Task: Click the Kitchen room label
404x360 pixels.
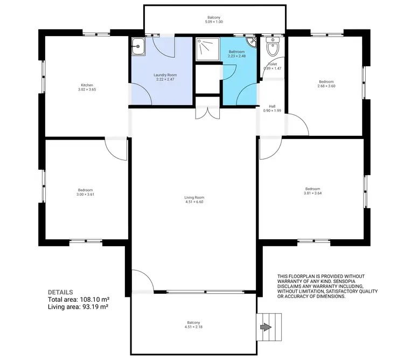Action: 87,85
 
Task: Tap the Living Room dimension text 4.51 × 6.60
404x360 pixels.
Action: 194,203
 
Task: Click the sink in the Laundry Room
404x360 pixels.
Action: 138,47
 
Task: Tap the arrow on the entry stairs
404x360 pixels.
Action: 266,327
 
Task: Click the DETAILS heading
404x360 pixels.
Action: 60,292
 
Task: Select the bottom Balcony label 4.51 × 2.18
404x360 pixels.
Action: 194,327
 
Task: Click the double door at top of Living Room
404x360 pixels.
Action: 207,112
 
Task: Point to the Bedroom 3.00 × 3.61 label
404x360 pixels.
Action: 86,193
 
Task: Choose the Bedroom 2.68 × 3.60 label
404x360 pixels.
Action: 327,85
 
